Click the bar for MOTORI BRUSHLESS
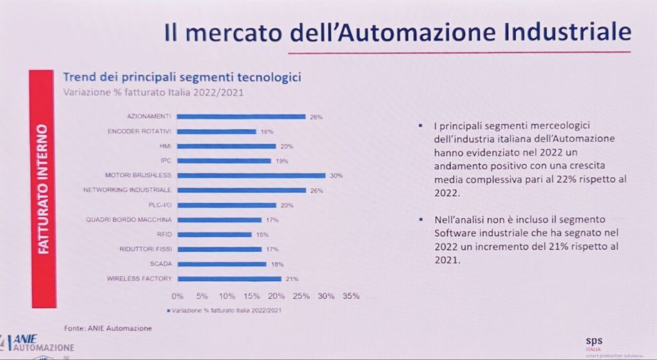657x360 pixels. tap(251, 175)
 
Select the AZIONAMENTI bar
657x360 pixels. tap(241, 117)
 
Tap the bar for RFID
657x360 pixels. tap(214, 234)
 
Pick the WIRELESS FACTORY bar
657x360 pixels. tap(229, 279)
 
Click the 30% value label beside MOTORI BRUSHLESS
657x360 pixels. tap(336, 175)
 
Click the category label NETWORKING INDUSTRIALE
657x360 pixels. tap(128, 190)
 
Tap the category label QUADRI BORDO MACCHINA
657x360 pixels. tap(129, 219)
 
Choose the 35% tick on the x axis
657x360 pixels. tap(351, 296)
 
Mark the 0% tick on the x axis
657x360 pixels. tap(178, 296)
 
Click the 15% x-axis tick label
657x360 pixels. tap(252, 296)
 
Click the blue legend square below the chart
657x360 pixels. tap(169, 311)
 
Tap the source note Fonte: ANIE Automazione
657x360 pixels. tap(108, 329)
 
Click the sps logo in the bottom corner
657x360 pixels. tap(595, 341)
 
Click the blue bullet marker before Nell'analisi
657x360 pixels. tap(420, 219)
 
